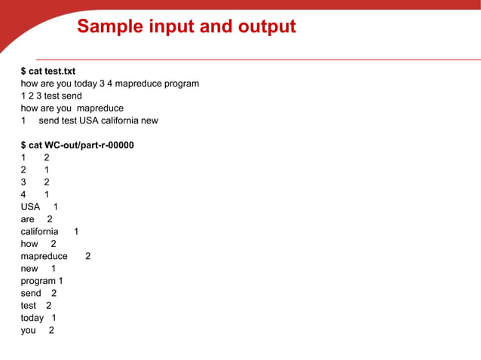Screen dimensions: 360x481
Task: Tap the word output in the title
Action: [x=262, y=28]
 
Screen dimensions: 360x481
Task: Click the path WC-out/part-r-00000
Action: [x=89, y=145]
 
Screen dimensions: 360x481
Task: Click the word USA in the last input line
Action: [x=90, y=121]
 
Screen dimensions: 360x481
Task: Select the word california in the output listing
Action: [x=39, y=232]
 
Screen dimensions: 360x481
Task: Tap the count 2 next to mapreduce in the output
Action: [x=88, y=256]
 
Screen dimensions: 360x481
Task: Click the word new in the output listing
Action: [x=29, y=269]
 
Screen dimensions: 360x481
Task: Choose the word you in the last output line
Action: [x=29, y=330]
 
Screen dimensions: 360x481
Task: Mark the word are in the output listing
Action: [x=28, y=219]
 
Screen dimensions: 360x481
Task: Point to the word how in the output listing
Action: [x=29, y=244]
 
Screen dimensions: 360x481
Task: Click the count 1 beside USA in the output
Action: [x=56, y=207]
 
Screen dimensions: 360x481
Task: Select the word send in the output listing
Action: [x=31, y=293]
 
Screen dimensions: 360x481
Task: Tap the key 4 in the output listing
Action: [x=23, y=194]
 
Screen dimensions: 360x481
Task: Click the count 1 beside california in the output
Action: [x=76, y=232]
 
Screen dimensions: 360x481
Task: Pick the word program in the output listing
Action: [x=38, y=281]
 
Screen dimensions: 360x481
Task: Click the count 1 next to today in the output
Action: [x=54, y=318]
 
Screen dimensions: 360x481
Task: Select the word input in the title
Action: [x=175, y=28]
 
